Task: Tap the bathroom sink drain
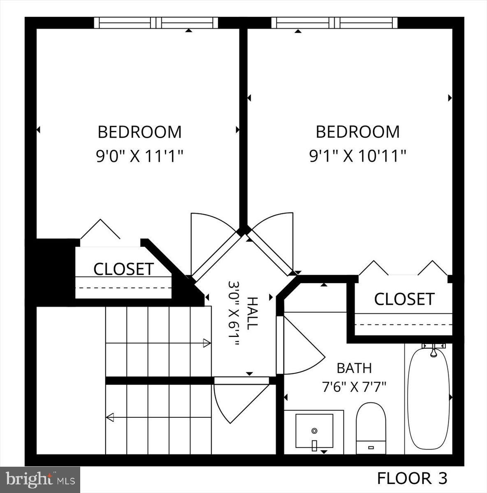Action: [x=314, y=431]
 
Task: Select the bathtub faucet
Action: [x=433, y=351]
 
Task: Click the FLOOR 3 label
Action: [x=412, y=478]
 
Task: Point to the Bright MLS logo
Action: [x=40, y=479]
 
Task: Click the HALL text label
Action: [x=252, y=313]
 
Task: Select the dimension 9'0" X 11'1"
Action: [x=139, y=156]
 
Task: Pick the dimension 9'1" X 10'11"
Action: [x=357, y=156]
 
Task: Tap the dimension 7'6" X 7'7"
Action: [x=354, y=387]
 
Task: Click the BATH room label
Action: [x=354, y=368]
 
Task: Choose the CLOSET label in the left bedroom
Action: [x=123, y=269]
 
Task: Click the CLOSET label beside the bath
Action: [x=404, y=299]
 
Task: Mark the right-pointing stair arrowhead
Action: [x=207, y=343]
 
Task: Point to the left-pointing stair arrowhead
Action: [x=110, y=417]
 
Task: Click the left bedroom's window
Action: [x=156, y=23]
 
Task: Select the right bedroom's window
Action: [x=334, y=23]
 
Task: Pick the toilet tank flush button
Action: [x=371, y=447]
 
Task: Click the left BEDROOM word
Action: [x=139, y=132]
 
